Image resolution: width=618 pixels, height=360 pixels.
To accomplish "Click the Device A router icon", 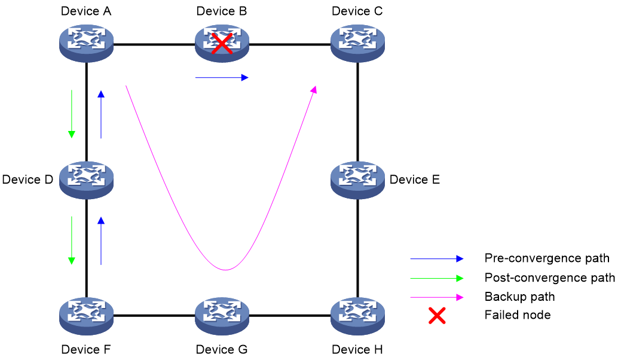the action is pos(86,44).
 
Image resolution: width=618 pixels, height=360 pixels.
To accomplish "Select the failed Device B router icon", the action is pos(222,44).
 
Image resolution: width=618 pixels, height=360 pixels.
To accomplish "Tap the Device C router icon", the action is pos(357,44).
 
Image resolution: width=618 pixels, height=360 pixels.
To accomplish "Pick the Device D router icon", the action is pos(86,180).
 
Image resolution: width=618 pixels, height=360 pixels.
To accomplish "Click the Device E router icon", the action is pos(357,180).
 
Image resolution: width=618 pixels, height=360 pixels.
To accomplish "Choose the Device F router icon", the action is pos(86,316).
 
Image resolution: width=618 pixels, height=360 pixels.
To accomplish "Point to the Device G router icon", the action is pos(222,316).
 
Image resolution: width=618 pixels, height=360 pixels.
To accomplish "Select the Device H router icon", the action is pos(357,316).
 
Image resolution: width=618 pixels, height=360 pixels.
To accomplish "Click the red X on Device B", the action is pos(222,44).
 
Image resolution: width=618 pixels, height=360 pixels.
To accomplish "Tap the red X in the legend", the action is pos(437,315).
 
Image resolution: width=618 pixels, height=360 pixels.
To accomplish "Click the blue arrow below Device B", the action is pos(222,78).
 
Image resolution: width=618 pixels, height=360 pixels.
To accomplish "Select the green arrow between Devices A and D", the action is pos(71,114).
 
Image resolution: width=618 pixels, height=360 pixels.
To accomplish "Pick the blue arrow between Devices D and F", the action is pos(101,240).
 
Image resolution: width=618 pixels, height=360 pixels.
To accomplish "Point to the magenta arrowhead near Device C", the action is pos(313,90).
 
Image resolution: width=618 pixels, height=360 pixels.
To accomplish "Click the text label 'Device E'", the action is pos(415,180).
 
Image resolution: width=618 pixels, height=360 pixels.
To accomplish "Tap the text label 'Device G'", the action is pos(222,349).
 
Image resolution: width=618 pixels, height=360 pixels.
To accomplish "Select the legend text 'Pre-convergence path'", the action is pos(547,258).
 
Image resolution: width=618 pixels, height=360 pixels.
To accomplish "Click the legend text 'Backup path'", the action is pos(519,297).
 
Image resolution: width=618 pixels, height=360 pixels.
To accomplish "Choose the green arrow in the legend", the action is pos(437,278).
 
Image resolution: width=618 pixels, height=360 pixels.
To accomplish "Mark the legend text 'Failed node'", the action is pos(518,315).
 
